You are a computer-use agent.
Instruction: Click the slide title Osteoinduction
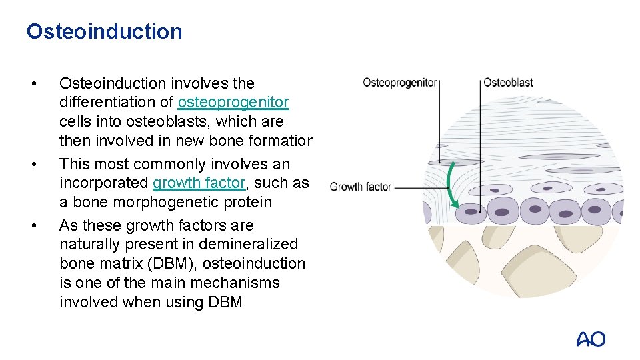[x=104, y=31]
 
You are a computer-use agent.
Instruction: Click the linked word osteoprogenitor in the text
[x=233, y=103]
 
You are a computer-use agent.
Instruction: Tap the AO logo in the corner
[x=591, y=339]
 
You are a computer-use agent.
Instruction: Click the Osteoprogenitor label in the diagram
[x=399, y=83]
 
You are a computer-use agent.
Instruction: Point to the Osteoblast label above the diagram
[x=508, y=83]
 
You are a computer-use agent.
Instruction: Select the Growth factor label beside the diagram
[x=360, y=187]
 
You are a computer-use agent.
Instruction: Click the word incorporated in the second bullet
[x=104, y=183]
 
